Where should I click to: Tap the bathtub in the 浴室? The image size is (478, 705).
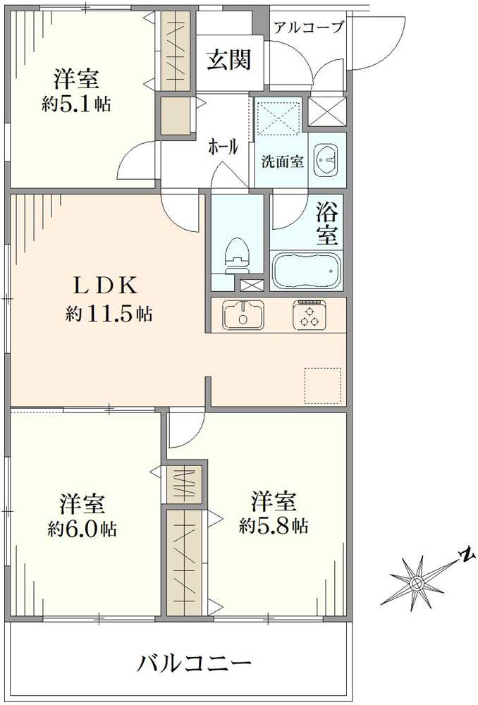[x=306, y=271]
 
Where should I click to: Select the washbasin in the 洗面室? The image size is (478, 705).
[x=326, y=160]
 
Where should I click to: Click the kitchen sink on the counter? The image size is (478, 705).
[x=243, y=314]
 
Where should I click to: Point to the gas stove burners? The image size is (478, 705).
[x=309, y=314]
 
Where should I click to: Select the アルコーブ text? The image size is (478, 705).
[x=308, y=28]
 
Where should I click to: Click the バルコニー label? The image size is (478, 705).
[x=194, y=663]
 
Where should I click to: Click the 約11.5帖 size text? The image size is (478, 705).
[x=109, y=314]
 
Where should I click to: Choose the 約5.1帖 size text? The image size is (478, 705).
[x=75, y=104]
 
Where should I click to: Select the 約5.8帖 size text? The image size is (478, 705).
[x=273, y=525]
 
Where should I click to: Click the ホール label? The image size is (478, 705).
[x=222, y=147]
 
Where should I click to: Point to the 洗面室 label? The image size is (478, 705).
[x=282, y=161]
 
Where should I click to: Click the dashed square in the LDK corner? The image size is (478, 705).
[x=322, y=386]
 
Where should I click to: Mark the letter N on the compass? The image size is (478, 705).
[x=465, y=555]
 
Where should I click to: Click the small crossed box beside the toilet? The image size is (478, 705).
[x=250, y=286]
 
